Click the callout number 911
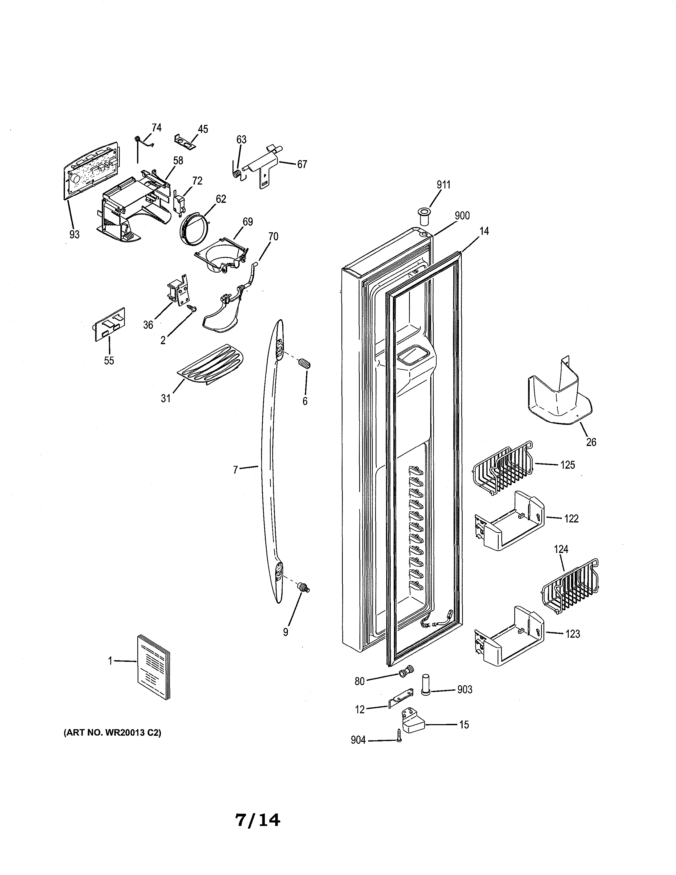pyautogui.click(x=443, y=185)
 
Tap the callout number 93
pyautogui.click(x=74, y=234)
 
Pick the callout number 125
pyautogui.click(x=568, y=465)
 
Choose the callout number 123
pyautogui.click(x=572, y=634)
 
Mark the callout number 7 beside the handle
pyautogui.click(x=235, y=470)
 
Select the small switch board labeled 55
pyautogui.click(x=109, y=324)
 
